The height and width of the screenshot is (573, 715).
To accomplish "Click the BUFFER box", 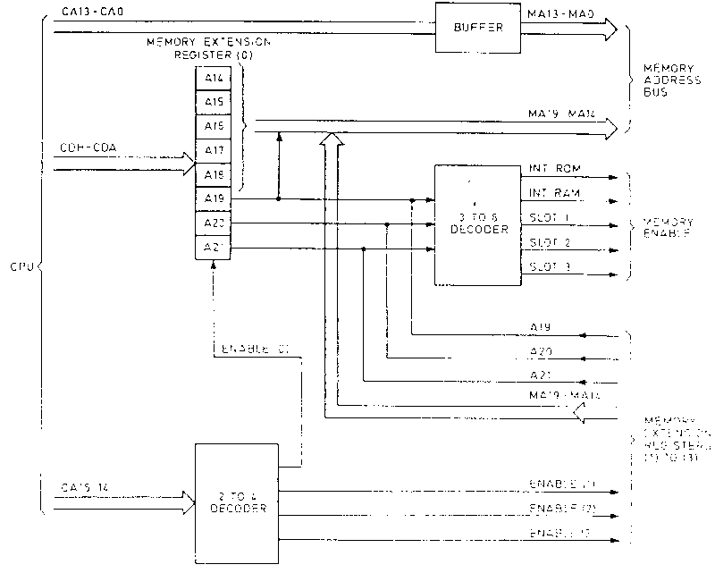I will [473, 27].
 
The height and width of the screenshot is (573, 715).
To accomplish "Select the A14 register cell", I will [213, 78].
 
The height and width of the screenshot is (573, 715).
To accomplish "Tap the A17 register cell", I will [213, 150].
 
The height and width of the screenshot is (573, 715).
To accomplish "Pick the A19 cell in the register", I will [213, 198].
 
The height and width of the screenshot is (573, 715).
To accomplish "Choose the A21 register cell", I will [213, 248].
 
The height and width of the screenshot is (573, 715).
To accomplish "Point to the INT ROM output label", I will [550, 169].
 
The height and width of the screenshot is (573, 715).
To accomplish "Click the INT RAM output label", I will [550, 192].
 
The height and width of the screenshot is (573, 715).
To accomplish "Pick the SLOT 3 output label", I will [549, 266].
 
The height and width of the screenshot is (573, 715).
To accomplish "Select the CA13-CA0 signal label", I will [88, 11].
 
